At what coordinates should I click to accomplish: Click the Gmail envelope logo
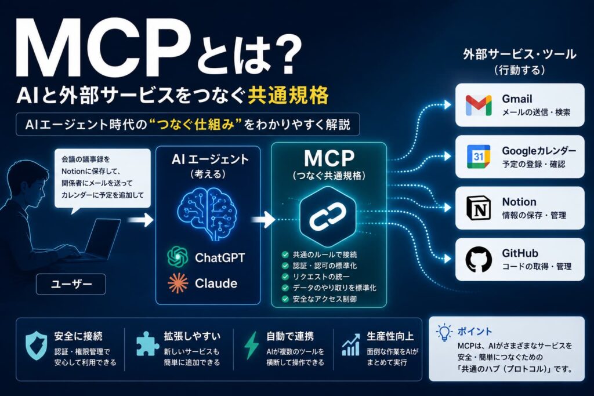(479, 106)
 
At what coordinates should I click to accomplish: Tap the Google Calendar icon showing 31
(479, 157)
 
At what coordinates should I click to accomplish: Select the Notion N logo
(479, 208)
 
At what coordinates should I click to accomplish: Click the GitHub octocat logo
(479, 260)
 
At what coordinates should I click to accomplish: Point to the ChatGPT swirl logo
(178, 257)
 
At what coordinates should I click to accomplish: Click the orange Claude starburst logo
(178, 283)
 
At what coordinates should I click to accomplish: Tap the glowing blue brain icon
(208, 214)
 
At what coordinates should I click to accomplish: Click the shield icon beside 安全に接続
(37, 346)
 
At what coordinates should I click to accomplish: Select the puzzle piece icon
(147, 344)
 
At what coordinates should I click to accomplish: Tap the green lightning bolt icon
(251, 346)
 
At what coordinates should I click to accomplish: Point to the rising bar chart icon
(351, 344)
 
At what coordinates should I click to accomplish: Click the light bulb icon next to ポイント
(444, 333)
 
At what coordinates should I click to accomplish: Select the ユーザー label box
(71, 284)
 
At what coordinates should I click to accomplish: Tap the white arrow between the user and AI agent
(140, 220)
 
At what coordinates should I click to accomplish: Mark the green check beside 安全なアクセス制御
(285, 299)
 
